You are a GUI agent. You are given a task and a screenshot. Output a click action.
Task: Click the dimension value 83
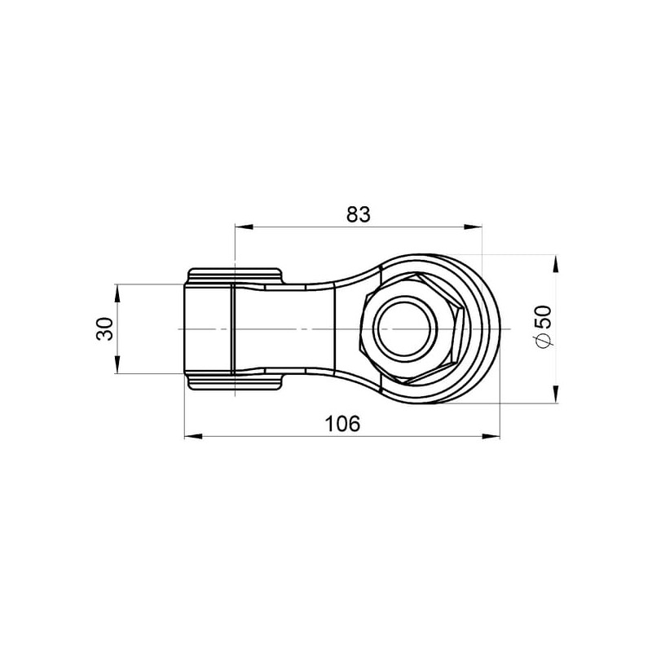pos(358,214)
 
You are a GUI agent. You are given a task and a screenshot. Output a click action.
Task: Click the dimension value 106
pos(342,424)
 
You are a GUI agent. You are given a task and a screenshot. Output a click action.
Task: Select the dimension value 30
pos(104,329)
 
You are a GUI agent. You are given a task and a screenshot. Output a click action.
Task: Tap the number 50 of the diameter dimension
pos(543,317)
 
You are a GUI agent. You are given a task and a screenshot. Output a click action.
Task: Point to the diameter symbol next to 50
pos(544,340)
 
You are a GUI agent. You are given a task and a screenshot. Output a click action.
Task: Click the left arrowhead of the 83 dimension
pos(244,227)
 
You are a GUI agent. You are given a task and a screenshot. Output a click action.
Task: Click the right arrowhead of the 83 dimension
pos(473,227)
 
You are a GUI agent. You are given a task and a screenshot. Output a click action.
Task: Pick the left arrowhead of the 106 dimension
pos(193,436)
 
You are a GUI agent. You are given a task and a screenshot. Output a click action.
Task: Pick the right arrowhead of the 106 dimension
pos(491,436)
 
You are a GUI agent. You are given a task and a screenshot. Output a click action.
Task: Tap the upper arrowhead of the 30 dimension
pos(117,293)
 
